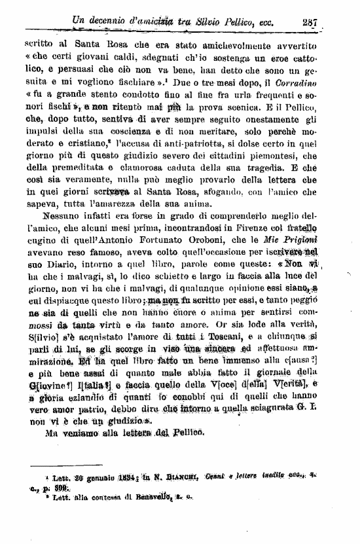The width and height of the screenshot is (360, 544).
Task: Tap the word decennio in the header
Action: [x=112, y=22]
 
